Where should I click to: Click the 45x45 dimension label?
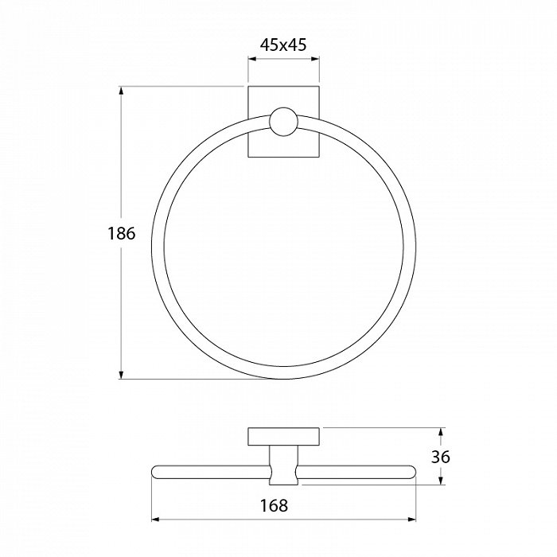tap(283, 45)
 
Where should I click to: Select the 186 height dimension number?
tap(122, 233)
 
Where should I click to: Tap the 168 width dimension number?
tap(274, 505)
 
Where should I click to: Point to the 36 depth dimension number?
tap(441, 457)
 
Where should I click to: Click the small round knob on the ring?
tap(283, 122)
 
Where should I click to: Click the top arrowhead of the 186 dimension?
tap(121, 91)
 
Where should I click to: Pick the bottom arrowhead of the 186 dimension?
tap(121, 375)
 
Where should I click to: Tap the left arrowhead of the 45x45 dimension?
tap(252, 59)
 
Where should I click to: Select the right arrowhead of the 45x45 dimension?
tap(315, 59)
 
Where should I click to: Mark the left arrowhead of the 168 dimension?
tap(156, 520)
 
